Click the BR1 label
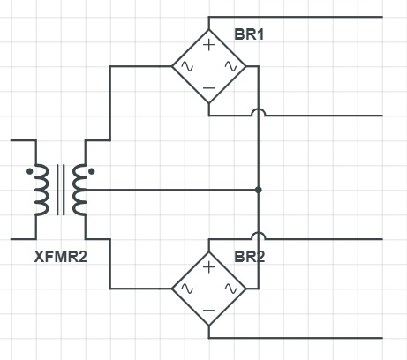[249, 34]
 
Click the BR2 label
[250, 257]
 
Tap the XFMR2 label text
[61, 257]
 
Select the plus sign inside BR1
[209, 45]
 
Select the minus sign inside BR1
[209, 88]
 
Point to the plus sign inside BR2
[209, 267]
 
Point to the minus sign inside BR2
[209, 311]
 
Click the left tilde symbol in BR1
[187, 66]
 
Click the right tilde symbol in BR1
[230, 66]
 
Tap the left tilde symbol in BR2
[187, 289]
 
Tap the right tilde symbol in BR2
[230, 289]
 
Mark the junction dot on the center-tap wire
[259, 190]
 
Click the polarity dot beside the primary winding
[30, 171]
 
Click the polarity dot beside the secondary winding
[92, 171]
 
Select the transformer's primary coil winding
[41, 190]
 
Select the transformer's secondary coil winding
[79, 190]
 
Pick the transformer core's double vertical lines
[61, 190]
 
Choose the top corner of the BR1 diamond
[209, 30]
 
